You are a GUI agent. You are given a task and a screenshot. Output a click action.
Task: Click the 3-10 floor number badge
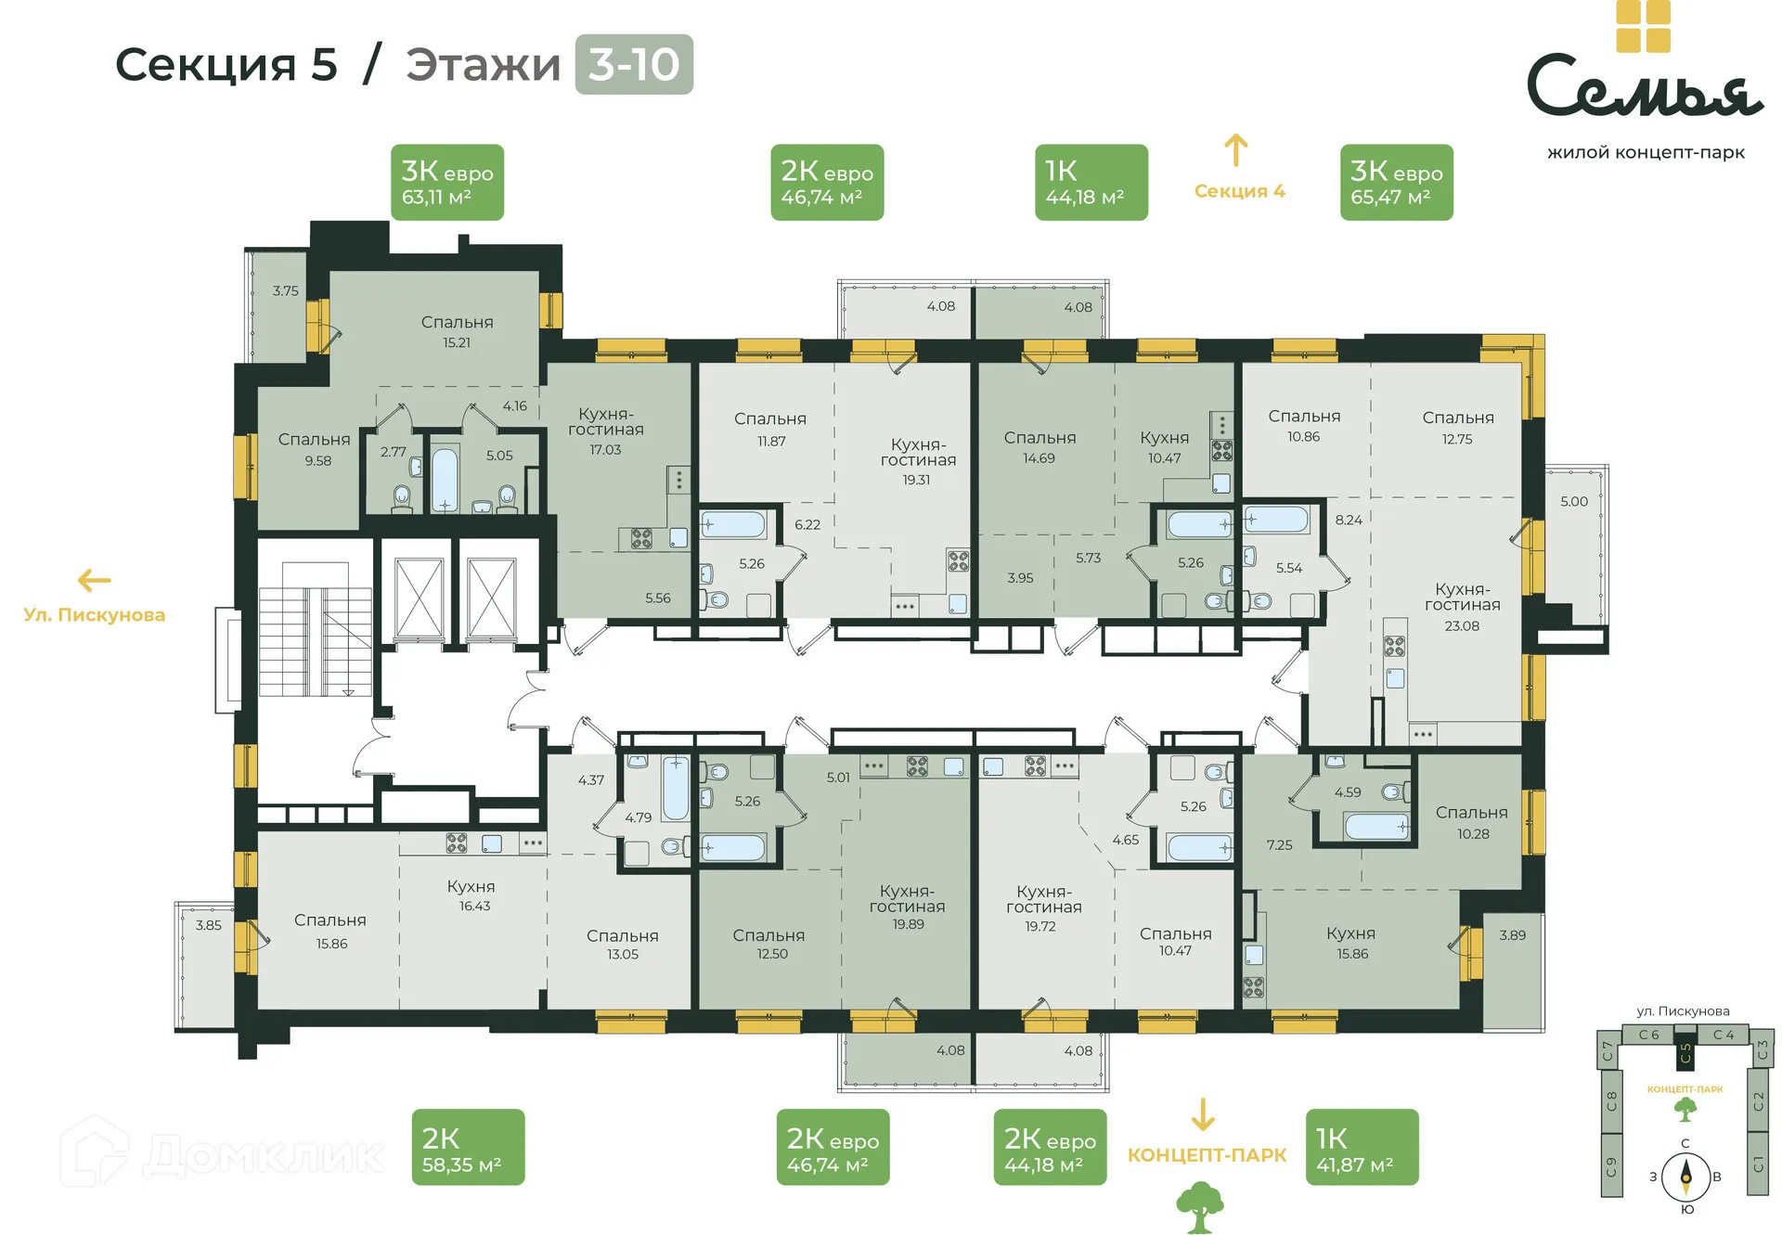(633, 64)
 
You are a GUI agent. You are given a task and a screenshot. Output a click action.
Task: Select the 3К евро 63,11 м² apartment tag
(446, 182)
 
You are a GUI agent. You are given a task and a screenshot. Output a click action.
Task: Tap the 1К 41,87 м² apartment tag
(1362, 1147)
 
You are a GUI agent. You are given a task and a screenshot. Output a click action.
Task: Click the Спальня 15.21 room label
(457, 331)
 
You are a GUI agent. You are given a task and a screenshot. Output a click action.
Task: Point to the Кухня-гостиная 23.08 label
(1462, 606)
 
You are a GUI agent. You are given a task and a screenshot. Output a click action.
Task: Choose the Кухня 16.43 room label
(471, 895)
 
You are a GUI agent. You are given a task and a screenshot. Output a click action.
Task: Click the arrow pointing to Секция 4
(1235, 151)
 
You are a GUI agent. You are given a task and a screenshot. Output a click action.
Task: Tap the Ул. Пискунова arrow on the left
(94, 581)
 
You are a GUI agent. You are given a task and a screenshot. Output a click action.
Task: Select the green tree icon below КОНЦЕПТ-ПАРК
(1200, 1207)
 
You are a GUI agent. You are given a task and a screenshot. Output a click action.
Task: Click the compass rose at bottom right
(1685, 1177)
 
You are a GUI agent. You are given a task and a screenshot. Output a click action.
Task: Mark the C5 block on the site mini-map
(1685, 1054)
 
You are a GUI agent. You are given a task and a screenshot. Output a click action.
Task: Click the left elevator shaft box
(419, 598)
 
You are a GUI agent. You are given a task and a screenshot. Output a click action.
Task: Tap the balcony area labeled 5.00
(1575, 543)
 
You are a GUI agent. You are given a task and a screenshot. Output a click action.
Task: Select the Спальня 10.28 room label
(1471, 822)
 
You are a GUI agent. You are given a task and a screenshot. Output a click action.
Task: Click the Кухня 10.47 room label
(1164, 447)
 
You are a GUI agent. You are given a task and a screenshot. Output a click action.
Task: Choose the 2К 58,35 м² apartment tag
(468, 1147)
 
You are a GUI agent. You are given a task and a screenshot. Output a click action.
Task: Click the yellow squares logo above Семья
(1643, 26)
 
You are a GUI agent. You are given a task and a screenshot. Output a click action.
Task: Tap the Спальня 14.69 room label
(1039, 447)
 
